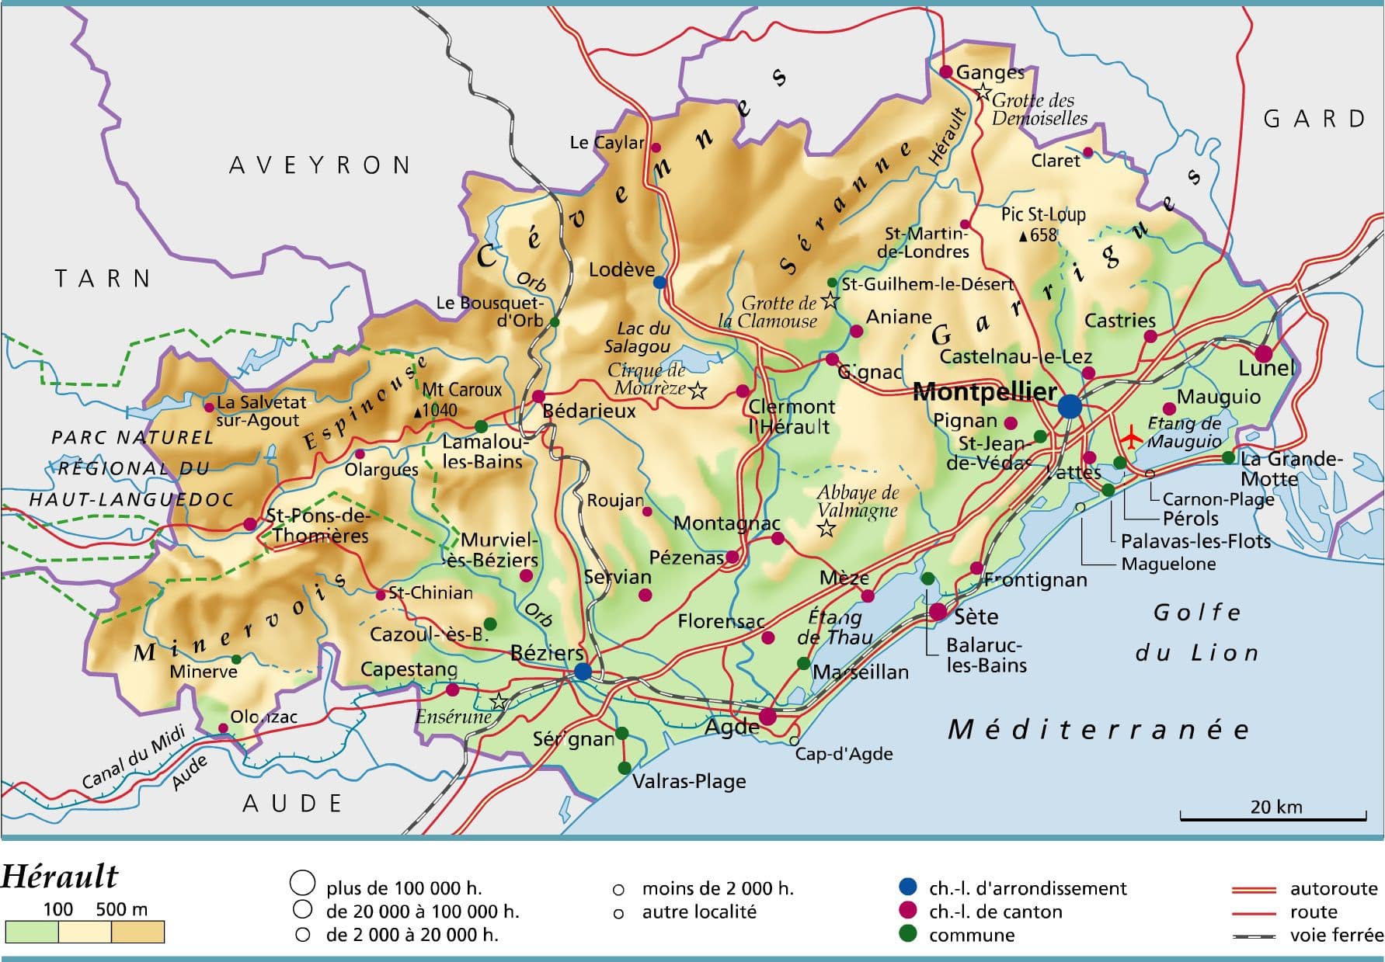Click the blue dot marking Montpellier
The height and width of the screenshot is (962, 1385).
(x=1070, y=405)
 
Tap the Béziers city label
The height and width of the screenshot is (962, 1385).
(x=547, y=653)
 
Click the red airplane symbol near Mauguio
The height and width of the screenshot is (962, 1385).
(x=1132, y=439)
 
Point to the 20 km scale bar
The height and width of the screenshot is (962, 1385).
(x=1272, y=817)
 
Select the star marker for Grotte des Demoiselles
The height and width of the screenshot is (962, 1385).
(x=983, y=93)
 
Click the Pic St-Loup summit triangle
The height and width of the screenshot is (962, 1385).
(x=1024, y=236)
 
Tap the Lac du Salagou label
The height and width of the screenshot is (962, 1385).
(x=638, y=337)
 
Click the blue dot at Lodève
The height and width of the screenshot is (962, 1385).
(x=659, y=282)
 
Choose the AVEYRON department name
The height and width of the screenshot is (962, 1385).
(x=319, y=165)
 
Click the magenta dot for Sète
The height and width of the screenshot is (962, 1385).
(x=938, y=612)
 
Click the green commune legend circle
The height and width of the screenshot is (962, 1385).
(x=907, y=934)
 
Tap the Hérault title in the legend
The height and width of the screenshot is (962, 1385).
(x=60, y=877)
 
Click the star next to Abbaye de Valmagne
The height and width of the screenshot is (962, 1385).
(x=826, y=529)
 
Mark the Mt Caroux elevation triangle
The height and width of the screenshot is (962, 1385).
(x=418, y=412)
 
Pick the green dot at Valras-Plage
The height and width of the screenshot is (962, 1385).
(x=625, y=768)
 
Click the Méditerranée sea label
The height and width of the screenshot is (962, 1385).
(x=1098, y=729)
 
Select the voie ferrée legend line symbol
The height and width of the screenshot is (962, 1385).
(x=1254, y=936)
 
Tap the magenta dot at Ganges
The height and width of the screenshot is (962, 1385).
(x=946, y=71)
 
